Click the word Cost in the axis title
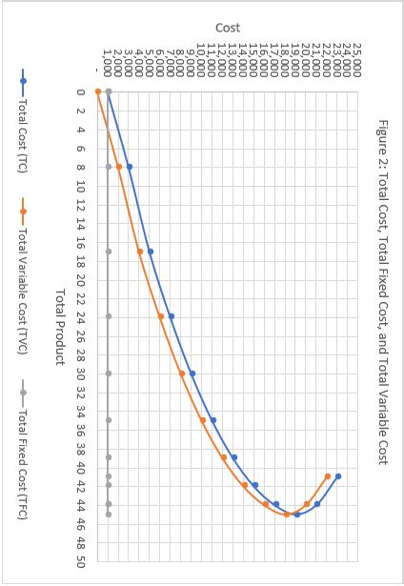228,29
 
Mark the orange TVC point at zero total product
98,91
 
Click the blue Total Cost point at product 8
130,167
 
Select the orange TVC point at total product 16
140,252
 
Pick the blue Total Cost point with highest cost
338,476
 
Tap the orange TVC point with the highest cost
328,476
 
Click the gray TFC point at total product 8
109,167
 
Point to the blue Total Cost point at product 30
192,374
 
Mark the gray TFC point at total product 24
109,316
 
